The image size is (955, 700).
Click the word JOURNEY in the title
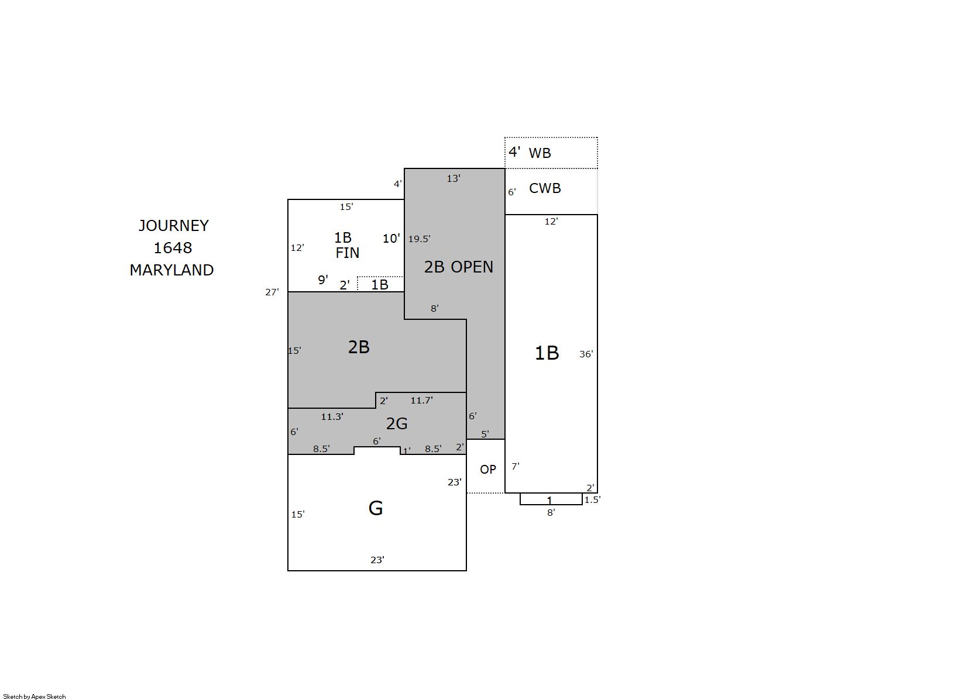click(x=174, y=225)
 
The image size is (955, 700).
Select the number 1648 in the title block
click(x=173, y=247)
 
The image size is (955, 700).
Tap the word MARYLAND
click(x=172, y=270)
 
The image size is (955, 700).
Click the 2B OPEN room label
click(x=458, y=267)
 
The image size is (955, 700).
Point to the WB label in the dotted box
click(x=540, y=153)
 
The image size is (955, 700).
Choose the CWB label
click(x=545, y=188)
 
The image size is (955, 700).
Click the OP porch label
click(x=487, y=470)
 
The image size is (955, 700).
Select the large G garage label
click(x=376, y=508)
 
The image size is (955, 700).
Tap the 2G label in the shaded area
click(x=397, y=423)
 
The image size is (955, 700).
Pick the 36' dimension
click(x=586, y=354)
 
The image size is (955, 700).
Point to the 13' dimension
click(x=454, y=178)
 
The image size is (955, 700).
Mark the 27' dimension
click(x=272, y=292)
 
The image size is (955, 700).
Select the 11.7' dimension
click(x=422, y=400)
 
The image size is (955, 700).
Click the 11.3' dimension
click(x=332, y=417)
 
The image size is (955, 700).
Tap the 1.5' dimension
click(x=592, y=500)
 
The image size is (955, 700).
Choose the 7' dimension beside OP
click(x=516, y=467)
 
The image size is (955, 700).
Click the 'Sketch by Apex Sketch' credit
click(x=35, y=696)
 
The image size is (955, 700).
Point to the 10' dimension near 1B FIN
click(x=391, y=239)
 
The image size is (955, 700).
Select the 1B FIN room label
click(x=346, y=245)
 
